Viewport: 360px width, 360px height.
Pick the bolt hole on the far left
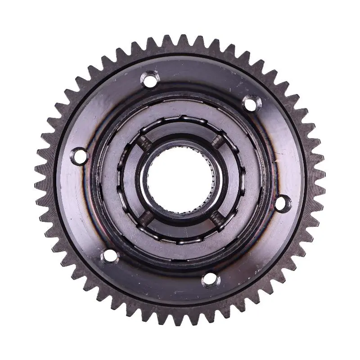(81, 156)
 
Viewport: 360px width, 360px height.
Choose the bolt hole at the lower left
(109, 256)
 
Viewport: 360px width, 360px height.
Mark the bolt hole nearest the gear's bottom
(211, 280)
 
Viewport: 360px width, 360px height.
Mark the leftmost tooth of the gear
(38, 180)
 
